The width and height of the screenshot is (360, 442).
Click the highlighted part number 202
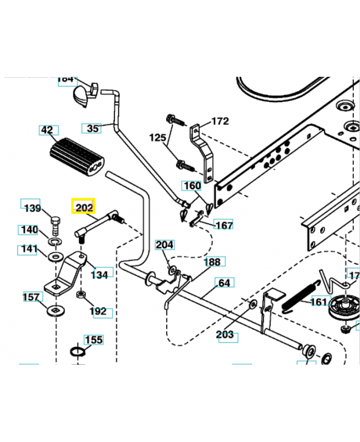[84, 208]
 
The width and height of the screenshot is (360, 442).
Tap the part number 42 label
[47, 130]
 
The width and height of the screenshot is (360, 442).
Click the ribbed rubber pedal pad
[78, 157]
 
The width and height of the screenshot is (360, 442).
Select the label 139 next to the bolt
[32, 208]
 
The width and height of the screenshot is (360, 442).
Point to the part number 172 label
[220, 121]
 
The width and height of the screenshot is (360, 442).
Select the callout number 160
[192, 186]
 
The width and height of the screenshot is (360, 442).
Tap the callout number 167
[223, 225]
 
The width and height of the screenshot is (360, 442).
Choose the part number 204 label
[164, 245]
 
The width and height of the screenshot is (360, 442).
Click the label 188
[212, 261]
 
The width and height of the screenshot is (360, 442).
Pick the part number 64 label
[224, 283]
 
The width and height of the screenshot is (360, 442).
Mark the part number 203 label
[225, 335]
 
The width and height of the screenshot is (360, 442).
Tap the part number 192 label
[98, 312]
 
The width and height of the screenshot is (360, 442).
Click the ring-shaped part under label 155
[78, 352]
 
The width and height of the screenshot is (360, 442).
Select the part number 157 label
[31, 297]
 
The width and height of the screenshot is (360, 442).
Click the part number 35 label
[93, 128]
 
